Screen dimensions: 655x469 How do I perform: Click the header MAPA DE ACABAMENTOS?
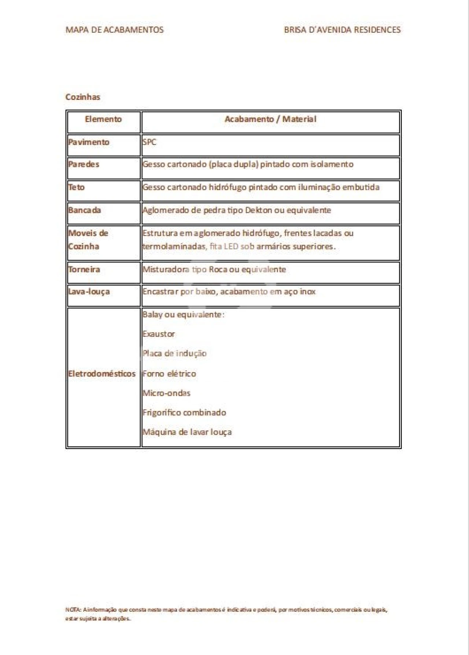pyautogui.click(x=114, y=30)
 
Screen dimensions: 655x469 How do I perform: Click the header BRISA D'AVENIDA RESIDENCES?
pyautogui.click(x=342, y=30)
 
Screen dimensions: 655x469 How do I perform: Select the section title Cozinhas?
pyautogui.click(x=83, y=97)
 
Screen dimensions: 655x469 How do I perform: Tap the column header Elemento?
pyautogui.click(x=103, y=119)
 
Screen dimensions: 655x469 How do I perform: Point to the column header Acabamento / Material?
pyautogui.click(x=270, y=119)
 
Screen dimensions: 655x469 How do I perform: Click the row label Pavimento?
pyautogui.click(x=89, y=142)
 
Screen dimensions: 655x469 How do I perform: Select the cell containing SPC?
pyautogui.click(x=149, y=142)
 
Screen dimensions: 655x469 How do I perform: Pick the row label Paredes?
pyautogui.click(x=84, y=164)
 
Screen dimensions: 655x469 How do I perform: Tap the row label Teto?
pyautogui.click(x=77, y=187)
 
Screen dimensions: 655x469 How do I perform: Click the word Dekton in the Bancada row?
pyautogui.click(x=259, y=210)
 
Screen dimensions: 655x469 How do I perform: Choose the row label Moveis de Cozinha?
pyautogui.click(x=88, y=240)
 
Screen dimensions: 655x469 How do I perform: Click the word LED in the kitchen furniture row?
pyautogui.click(x=231, y=247)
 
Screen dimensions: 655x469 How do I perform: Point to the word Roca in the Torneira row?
pyautogui.click(x=218, y=270)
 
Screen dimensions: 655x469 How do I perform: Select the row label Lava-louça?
pyautogui.click(x=89, y=292)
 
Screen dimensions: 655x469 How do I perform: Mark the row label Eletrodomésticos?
pyautogui.click(x=102, y=374)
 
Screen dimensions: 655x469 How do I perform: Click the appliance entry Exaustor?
pyautogui.click(x=159, y=334)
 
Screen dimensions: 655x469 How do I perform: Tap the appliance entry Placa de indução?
pyautogui.click(x=174, y=353)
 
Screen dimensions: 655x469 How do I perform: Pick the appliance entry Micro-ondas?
pyautogui.click(x=166, y=393)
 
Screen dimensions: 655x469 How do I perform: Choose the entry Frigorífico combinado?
pyautogui.click(x=184, y=413)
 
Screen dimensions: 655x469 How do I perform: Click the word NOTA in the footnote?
pyautogui.click(x=70, y=610)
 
